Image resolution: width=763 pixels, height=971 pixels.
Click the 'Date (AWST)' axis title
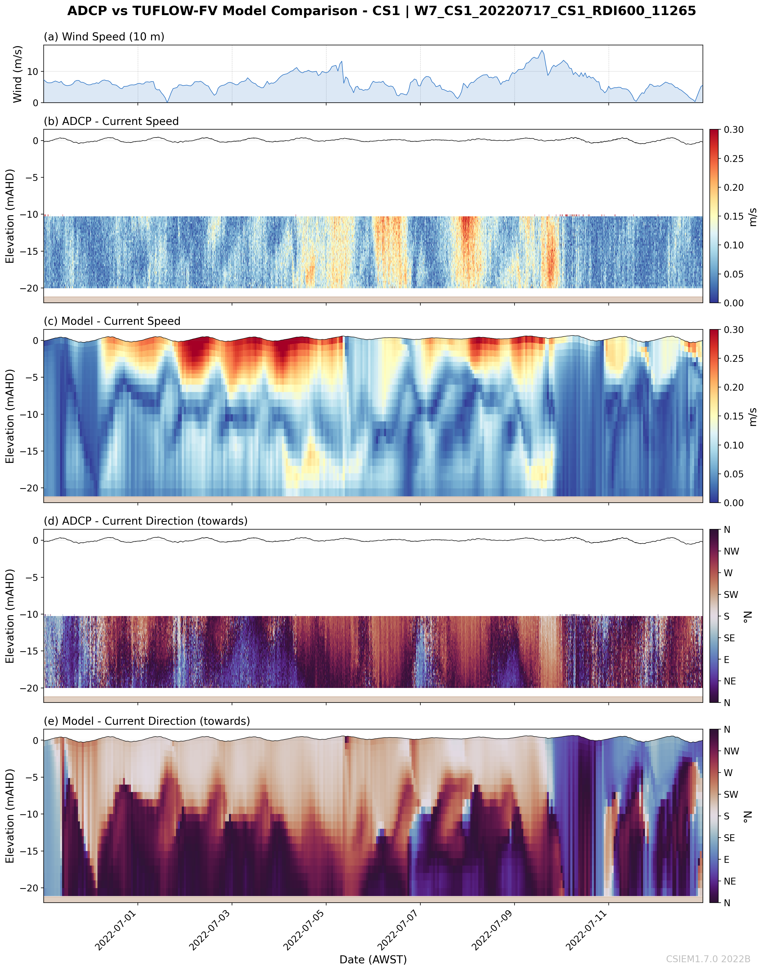pos(373,959)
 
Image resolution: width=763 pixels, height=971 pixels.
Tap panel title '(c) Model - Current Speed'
pos(112,321)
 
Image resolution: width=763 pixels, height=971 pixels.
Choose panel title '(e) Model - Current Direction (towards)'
pos(147,721)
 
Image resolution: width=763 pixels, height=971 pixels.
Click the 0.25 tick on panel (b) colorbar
pos(734,159)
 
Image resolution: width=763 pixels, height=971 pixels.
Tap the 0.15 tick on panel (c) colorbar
pos(734,416)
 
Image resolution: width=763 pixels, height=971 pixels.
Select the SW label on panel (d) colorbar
pos(731,594)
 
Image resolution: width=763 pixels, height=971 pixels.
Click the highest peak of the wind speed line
pos(542,51)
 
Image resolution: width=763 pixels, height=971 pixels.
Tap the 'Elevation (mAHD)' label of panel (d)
pos(10,616)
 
